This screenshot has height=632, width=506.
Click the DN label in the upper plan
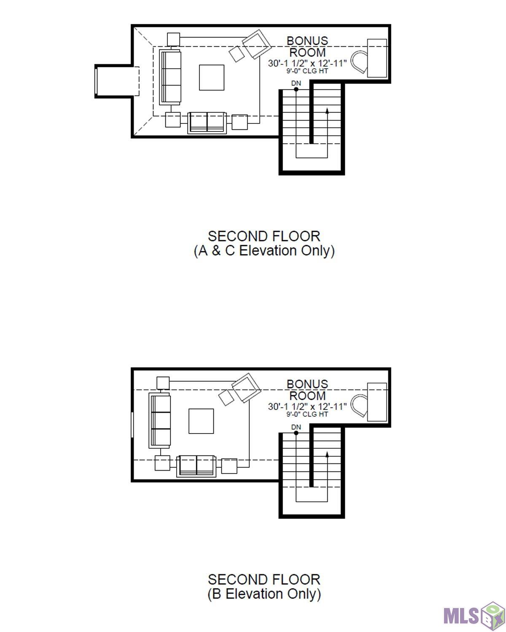[x=296, y=83]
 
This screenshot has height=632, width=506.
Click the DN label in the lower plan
[x=296, y=427]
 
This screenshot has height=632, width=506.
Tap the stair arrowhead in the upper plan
[x=327, y=110]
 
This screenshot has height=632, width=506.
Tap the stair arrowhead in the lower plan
[x=327, y=454]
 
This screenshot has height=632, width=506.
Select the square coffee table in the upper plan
[x=211, y=78]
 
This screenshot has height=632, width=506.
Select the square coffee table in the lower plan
[x=201, y=421]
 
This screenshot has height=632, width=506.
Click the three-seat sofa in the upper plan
[x=170, y=77]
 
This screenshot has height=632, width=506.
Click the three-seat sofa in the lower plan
[x=160, y=420]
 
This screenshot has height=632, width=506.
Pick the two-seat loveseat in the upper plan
[x=207, y=123]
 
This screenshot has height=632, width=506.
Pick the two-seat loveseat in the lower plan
[x=196, y=466]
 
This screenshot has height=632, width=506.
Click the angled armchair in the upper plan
[x=256, y=44]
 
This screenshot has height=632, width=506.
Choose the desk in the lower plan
[x=377, y=402]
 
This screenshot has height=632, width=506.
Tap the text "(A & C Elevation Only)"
[x=264, y=251]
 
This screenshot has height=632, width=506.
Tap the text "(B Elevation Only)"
[x=264, y=594]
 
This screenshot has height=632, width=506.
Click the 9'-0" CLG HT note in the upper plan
[x=307, y=71]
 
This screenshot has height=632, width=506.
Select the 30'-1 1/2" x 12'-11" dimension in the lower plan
[x=307, y=407]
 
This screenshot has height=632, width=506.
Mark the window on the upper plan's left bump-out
[x=96, y=81]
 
